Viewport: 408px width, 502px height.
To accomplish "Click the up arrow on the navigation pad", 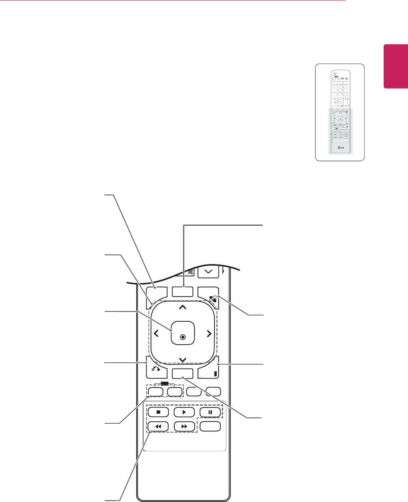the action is [183, 307].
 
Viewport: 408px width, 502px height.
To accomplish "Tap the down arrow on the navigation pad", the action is [183, 360].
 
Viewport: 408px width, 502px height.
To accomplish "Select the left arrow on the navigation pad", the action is [156, 334].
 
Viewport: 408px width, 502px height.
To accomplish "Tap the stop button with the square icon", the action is [158, 412].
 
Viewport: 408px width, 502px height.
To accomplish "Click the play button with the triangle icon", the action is [184, 412].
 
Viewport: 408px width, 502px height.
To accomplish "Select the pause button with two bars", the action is [210, 412].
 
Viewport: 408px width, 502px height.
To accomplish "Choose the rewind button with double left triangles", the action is [158, 426].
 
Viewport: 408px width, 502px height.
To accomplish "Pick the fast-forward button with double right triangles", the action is [184, 426].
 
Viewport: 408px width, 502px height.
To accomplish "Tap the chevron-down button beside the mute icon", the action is [208, 272].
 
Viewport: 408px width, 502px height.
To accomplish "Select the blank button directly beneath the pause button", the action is [210, 426].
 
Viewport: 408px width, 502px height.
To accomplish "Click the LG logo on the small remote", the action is [340, 149].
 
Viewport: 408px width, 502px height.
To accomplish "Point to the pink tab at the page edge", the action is [396, 66].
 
